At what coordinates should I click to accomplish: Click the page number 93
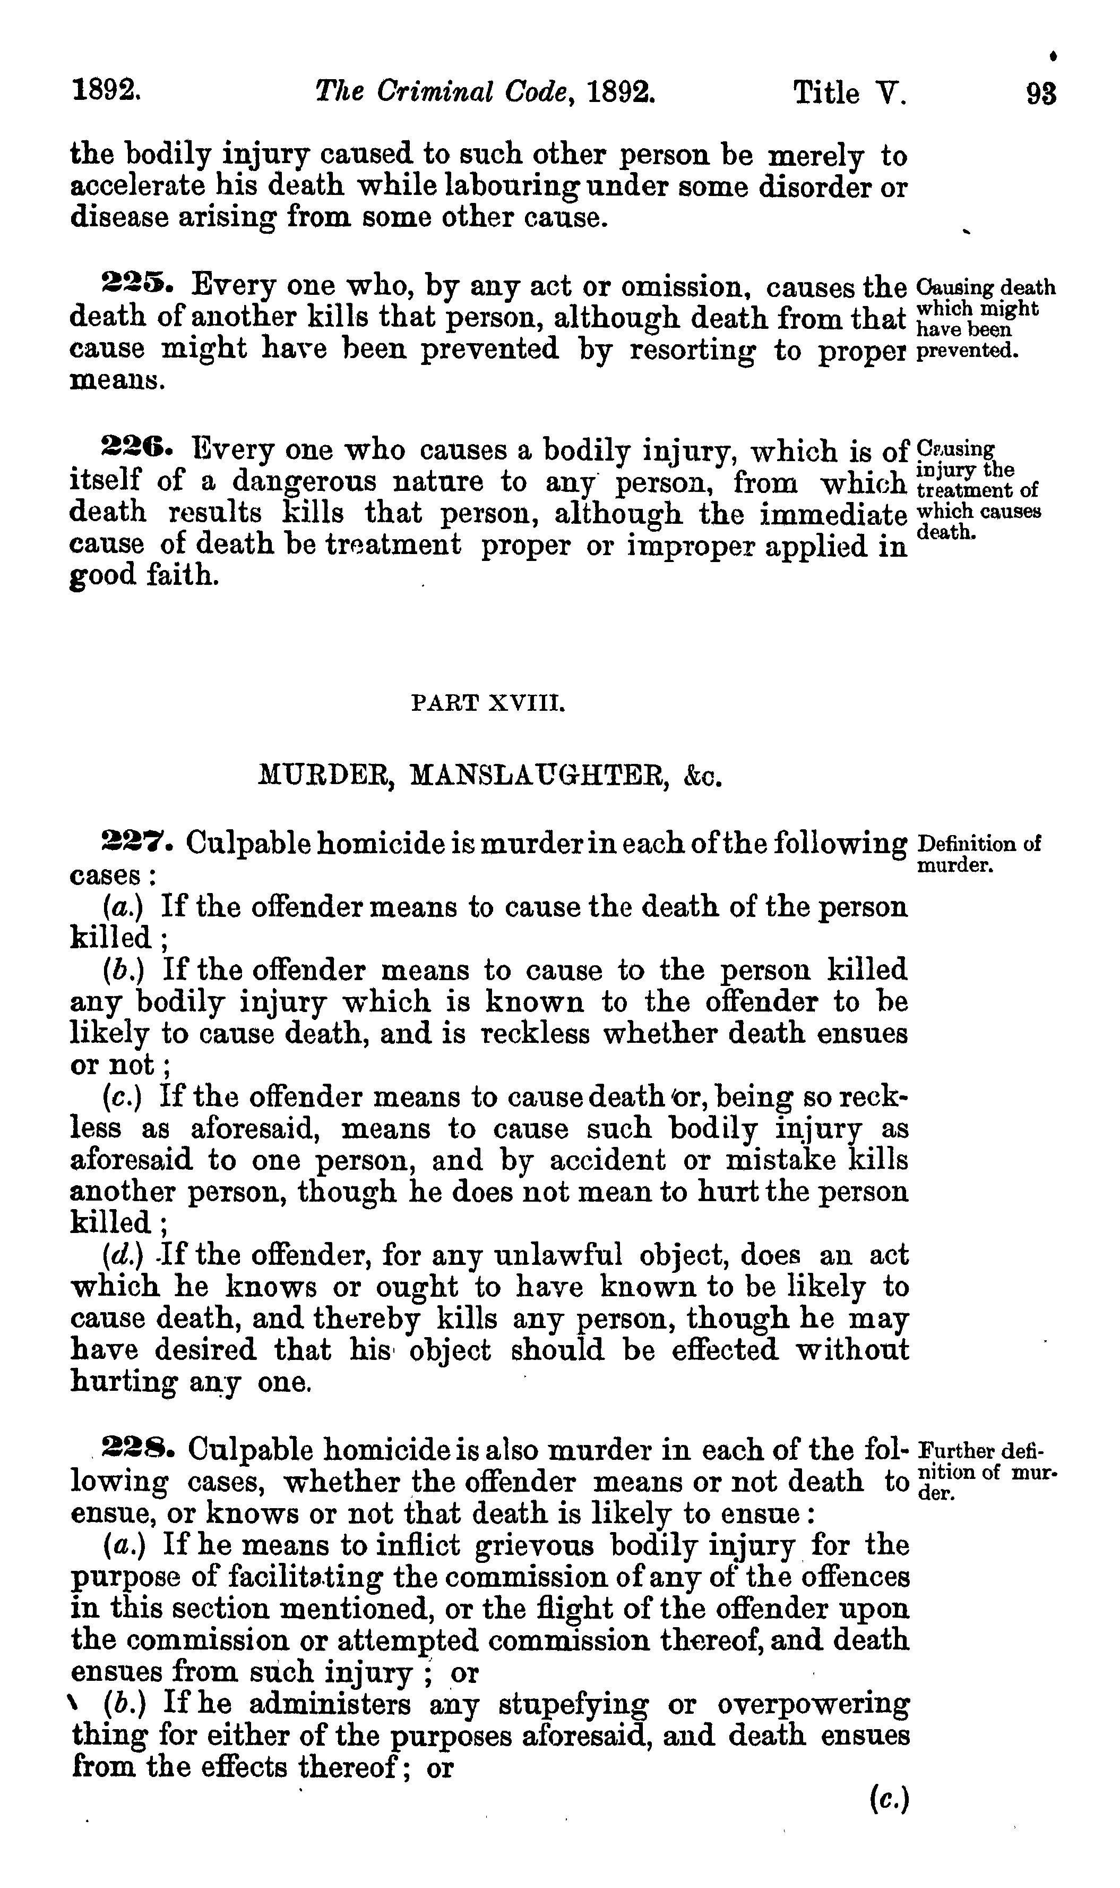click(x=1041, y=93)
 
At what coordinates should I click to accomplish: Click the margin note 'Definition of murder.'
click(x=978, y=853)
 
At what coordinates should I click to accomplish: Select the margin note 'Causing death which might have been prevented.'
click(x=984, y=319)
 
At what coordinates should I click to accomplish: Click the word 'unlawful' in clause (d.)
click(x=558, y=1255)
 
